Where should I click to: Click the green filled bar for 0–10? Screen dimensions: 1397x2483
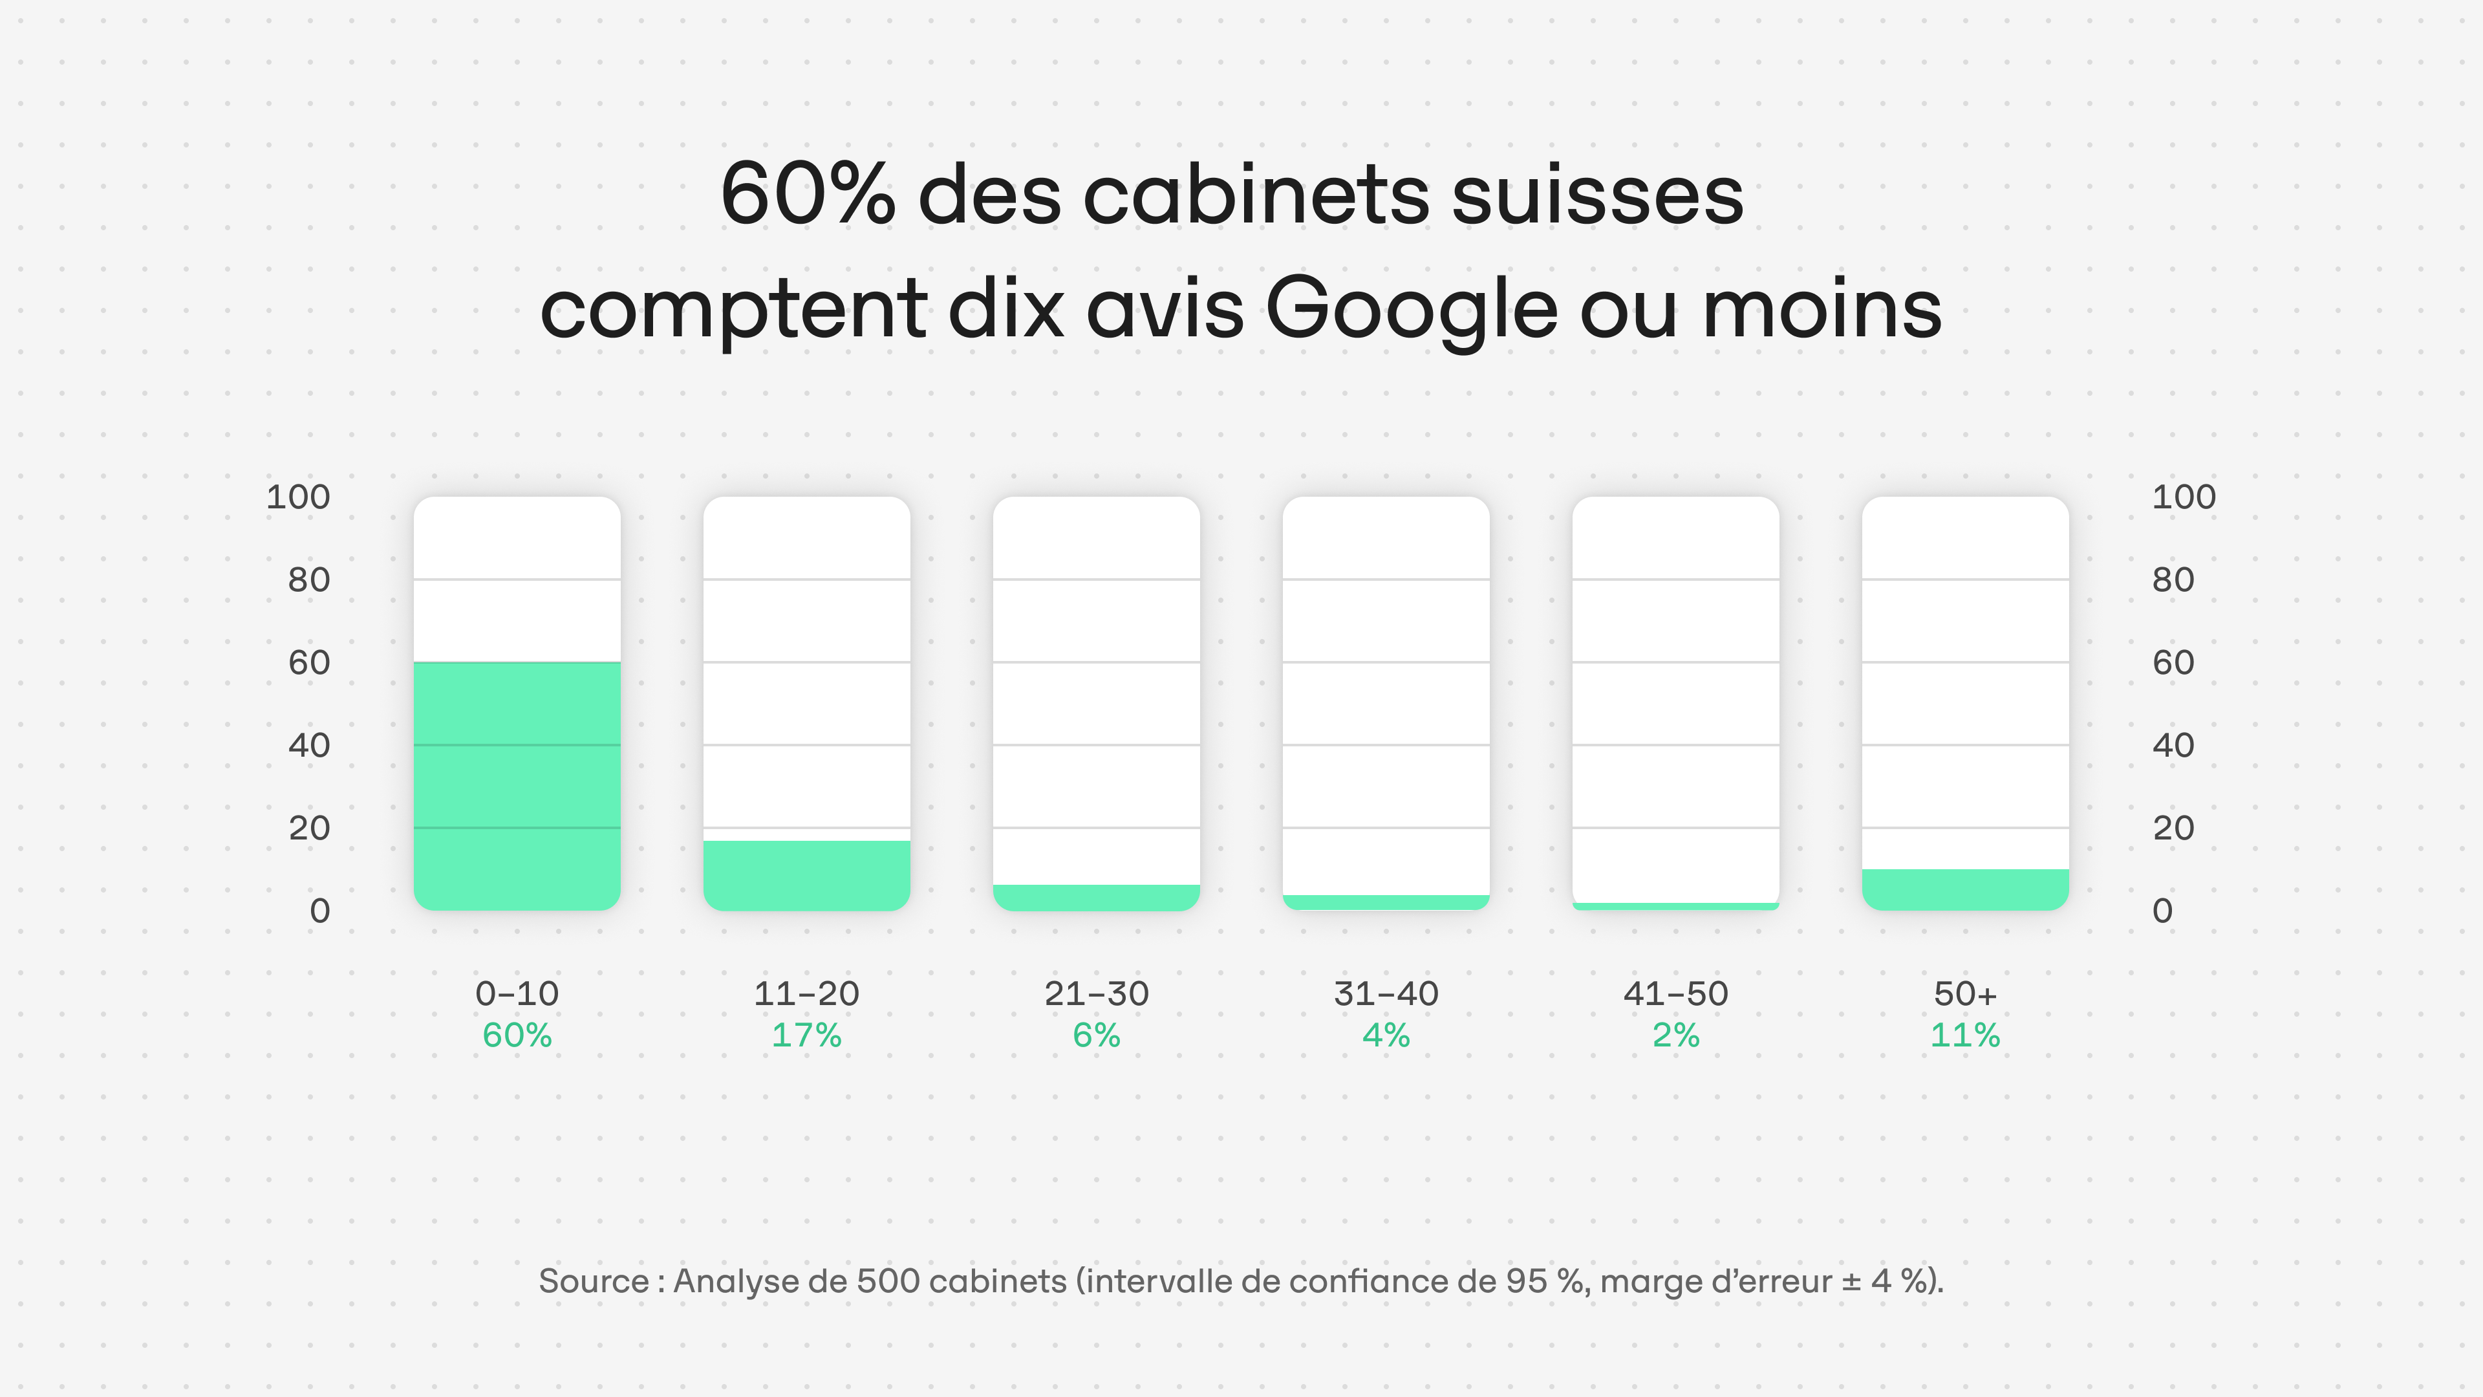(x=517, y=786)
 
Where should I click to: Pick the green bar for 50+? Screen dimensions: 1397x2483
(x=1964, y=889)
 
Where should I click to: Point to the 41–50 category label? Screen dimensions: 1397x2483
(x=1675, y=993)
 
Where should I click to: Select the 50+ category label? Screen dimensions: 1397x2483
(x=1964, y=993)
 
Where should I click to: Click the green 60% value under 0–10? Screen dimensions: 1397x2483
(x=517, y=1035)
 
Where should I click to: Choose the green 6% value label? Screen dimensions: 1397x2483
(x=1096, y=1035)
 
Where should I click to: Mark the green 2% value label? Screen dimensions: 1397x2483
(x=1675, y=1035)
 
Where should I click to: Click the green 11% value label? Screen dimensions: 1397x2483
(x=1964, y=1035)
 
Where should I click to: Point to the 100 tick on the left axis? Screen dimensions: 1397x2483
(x=298, y=497)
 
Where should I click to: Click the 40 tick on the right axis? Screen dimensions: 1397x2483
(x=2173, y=745)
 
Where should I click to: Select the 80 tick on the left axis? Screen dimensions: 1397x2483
(x=308, y=579)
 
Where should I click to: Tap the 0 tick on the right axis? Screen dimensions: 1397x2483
(x=2162, y=910)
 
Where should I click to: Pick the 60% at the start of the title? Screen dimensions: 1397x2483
(x=808, y=195)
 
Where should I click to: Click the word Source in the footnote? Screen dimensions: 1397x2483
(x=593, y=1281)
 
